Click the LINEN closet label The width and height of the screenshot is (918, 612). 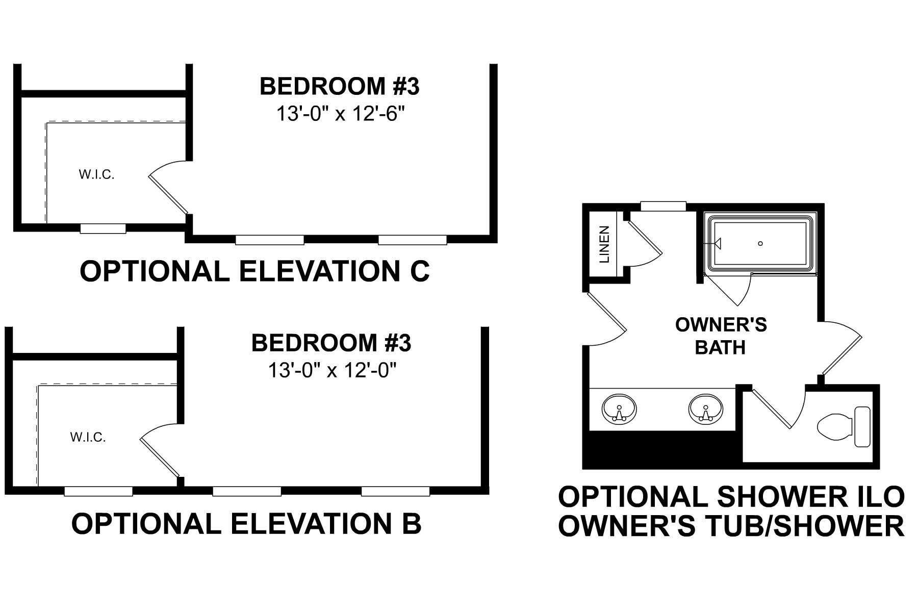point(605,244)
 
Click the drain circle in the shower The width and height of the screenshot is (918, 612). point(760,244)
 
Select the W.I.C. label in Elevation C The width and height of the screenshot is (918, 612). point(96,175)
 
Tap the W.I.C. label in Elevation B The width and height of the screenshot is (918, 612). point(88,437)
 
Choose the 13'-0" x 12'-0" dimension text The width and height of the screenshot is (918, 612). point(332,370)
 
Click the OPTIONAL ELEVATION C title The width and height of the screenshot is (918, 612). point(254,271)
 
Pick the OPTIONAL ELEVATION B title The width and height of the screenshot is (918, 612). point(246,523)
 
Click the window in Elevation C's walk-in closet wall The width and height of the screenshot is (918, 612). point(103,228)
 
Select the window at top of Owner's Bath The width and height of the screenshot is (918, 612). point(662,206)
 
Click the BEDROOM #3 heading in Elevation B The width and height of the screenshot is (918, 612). point(331,343)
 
